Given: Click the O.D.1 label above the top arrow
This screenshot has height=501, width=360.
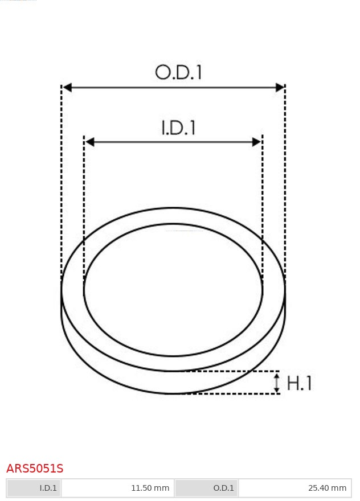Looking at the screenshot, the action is tap(178, 72).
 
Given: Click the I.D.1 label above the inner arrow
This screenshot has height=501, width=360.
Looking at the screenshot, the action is tap(178, 128).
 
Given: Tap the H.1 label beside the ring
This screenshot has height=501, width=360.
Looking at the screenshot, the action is tap(299, 383).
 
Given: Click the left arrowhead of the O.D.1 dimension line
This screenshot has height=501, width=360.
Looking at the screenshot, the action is tap(67, 87).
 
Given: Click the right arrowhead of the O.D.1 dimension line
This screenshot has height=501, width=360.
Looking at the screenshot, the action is tap(280, 87).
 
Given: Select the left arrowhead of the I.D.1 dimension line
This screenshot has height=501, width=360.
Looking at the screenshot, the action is tap(90, 142).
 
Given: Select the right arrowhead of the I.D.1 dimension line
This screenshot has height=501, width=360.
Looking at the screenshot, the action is tap(257, 142).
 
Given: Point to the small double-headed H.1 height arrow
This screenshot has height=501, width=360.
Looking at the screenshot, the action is tap(277, 383).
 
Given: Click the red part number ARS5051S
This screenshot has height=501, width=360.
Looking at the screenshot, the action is tap(35, 469).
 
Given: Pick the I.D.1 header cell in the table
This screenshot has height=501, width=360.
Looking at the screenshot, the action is tap(34, 488).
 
